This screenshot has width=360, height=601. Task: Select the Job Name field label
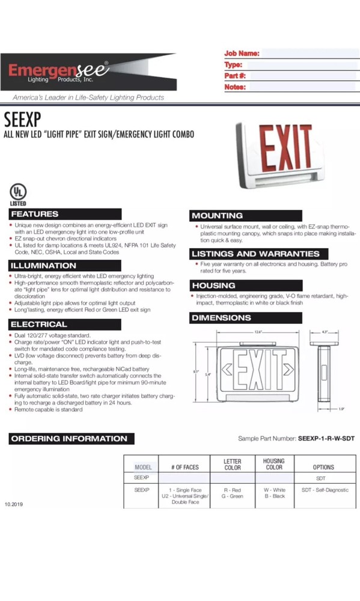tap(242, 53)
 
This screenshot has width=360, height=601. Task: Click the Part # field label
tap(235, 76)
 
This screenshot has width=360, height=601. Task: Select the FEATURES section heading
tap(35, 214)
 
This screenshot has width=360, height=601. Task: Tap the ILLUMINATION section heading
tap(44, 266)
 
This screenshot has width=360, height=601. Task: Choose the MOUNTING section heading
tap(218, 215)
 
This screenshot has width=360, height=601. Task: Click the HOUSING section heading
tap(214, 285)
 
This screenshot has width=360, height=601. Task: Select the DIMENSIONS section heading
tap(222, 317)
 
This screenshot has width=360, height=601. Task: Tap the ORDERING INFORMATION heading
tap(69, 439)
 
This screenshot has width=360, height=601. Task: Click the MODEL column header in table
tap(143, 467)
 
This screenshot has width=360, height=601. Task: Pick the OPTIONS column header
tap(323, 467)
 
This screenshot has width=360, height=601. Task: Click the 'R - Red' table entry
tap(233, 490)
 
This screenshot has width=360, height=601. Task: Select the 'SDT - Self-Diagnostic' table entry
tap(324, 490)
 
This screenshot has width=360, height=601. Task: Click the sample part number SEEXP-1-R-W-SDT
tap(326, 439)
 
